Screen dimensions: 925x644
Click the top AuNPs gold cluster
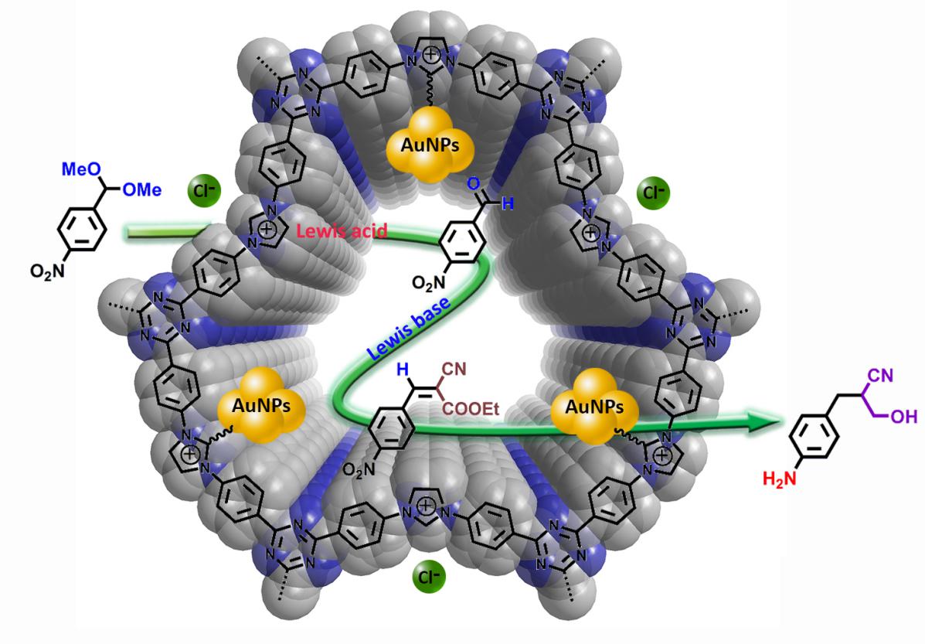point(430,144)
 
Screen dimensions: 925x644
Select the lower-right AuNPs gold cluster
point(594,407)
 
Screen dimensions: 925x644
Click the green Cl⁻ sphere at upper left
point(204,191)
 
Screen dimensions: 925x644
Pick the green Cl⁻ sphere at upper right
point(654,193)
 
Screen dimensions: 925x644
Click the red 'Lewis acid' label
point(342,230)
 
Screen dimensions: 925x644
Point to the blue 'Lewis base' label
point(408,328)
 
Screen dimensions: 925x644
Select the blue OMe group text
point(141,189)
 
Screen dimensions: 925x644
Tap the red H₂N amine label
point(779,478)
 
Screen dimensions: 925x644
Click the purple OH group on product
point(904,417)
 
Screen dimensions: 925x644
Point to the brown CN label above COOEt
point(454,370)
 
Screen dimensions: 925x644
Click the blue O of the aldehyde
point(472,184)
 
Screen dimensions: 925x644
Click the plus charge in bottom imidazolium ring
point(425,506)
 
